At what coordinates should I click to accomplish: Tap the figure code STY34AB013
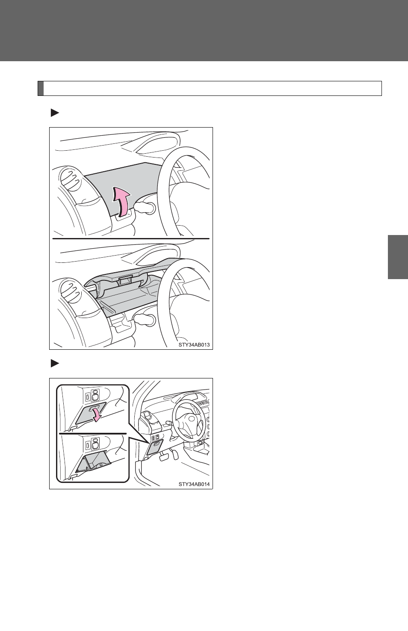[194, 345]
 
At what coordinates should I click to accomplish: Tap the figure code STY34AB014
[194, 484]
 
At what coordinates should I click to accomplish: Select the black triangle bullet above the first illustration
[55, 113]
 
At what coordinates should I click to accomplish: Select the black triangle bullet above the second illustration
[55, 364]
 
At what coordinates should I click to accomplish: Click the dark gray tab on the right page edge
[398, 257]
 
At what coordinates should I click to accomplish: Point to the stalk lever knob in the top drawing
[145, 208]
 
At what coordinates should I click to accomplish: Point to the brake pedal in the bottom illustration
[164, 457]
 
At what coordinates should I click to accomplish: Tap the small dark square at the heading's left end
[41, 89]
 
